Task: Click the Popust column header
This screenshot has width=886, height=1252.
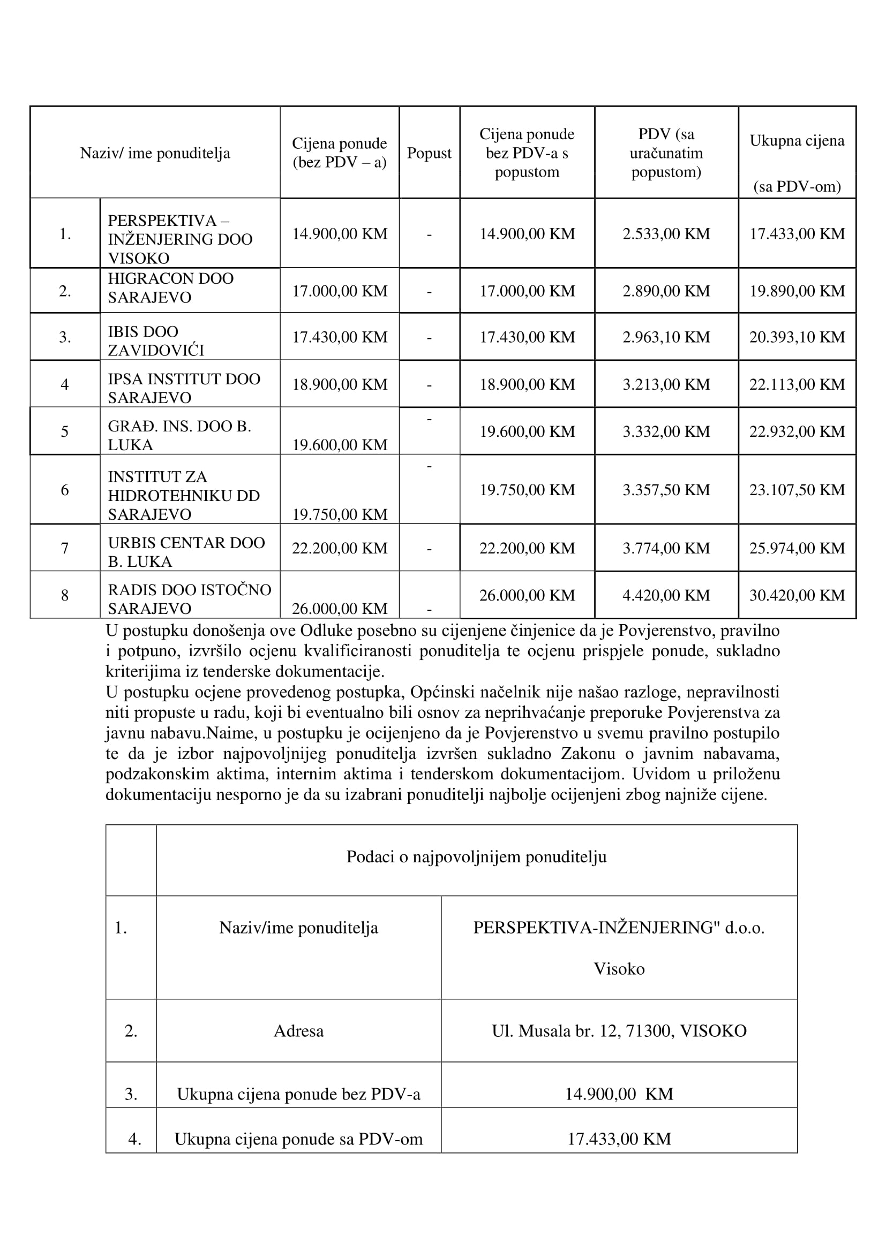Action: click(429, 153)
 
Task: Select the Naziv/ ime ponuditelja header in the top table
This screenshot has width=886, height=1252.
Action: click(155, 153)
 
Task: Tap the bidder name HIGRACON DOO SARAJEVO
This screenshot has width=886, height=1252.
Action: click(170, 288)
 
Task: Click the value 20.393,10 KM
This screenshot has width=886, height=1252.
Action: click(797, 337)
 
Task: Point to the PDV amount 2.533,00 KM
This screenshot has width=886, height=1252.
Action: click(666, 234)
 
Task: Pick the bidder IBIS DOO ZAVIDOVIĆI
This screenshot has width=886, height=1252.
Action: click(155, 341)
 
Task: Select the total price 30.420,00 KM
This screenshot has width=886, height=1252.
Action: click(797, 595)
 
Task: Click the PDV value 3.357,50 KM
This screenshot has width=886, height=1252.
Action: click(666, 490)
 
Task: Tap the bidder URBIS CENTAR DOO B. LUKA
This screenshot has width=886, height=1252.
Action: click(185, 552)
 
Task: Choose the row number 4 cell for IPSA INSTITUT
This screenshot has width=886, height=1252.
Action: click(64, 384)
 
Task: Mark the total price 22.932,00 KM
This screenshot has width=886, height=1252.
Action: click(797, 431)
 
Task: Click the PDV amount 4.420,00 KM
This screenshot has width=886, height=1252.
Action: click(666, 595)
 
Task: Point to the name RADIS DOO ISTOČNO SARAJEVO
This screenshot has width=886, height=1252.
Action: click(189, 599)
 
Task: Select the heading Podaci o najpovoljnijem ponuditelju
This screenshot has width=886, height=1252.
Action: click(476, 856)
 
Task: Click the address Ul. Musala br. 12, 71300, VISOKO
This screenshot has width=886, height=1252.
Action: click(619, 1030)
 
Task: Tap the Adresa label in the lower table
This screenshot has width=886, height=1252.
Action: click(298, 1030)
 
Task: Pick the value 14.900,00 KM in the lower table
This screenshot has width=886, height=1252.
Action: click(619, 1094)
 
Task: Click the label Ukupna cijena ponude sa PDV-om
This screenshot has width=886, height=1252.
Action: click(298, 1139)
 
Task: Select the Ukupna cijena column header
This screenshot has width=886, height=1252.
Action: click(797, 141)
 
